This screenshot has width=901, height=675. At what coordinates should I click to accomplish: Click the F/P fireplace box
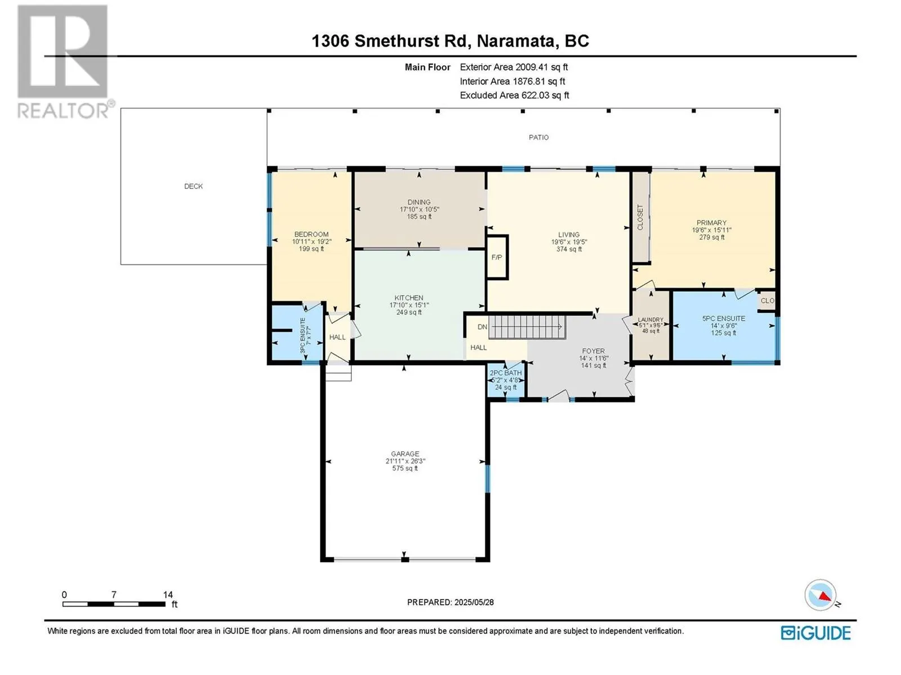(497, 258)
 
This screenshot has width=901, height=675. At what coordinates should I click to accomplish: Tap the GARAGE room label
(405, 454)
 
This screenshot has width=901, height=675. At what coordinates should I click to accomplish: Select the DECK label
(193, 186)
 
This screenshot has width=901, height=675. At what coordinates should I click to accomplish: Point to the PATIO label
(538, 137)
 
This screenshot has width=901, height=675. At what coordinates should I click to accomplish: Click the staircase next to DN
(527, 327)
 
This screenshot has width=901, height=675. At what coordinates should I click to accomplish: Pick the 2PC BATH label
(505, 372)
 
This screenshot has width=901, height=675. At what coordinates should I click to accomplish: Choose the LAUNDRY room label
(650, 319)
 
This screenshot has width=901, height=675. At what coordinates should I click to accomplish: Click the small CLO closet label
(767, 300)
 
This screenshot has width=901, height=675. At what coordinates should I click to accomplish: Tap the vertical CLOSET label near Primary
(640, 217)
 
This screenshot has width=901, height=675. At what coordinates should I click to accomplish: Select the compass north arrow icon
(820, 595)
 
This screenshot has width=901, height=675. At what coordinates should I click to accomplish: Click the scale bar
(114, 604)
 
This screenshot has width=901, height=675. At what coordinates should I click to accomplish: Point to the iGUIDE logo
(815, 633)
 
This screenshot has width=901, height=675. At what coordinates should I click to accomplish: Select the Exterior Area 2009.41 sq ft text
(514, 67)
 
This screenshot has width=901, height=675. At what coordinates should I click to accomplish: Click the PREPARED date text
(450, 602)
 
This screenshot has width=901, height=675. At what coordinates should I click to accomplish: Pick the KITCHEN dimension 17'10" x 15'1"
(409, 305)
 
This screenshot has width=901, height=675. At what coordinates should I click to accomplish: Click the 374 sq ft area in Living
(569, 249)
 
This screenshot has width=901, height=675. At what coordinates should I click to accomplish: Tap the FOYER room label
(593, 351)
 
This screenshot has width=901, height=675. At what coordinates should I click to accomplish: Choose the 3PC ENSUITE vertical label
(303, 336)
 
